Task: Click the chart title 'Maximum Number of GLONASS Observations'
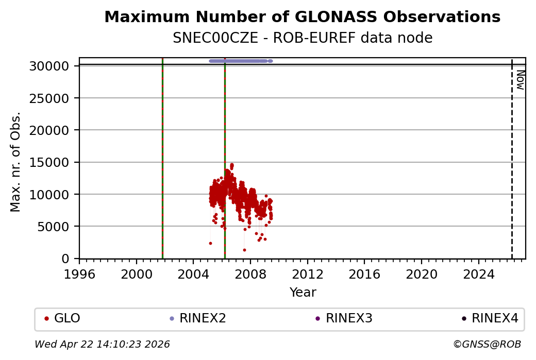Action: [302, 17]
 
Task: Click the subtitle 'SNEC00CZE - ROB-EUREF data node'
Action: [302, 38]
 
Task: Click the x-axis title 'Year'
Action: [303, 293]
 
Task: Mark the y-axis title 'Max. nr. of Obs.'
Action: [16, 161]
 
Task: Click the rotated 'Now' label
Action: [520, 80]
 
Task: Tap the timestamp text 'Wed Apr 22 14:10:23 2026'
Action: [102, 344]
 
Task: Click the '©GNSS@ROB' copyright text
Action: [487, 344]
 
